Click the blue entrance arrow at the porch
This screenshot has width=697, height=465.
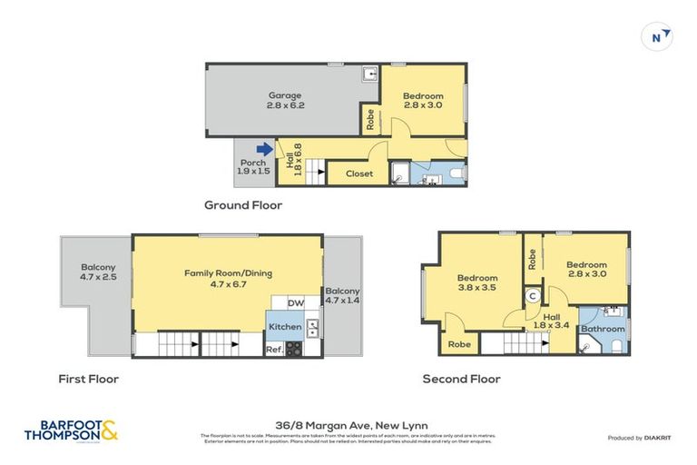coord(264,149)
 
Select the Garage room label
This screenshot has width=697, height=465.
coord(284,100)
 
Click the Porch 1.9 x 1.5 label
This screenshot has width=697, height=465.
coord(254,167)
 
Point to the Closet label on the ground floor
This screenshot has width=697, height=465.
coord(358,173)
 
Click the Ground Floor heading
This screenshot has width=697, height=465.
coord(242,205)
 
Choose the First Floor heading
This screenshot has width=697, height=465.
coord(88,379)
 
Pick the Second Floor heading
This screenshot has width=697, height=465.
coord(461,379)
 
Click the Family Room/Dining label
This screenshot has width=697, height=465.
coord(228,278)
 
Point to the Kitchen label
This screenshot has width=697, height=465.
coord(284,326)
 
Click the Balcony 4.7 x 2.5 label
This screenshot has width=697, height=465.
coord(98,272)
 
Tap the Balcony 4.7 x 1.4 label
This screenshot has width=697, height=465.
coord(342,293)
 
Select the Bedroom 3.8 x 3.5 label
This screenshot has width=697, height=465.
coord(477,283)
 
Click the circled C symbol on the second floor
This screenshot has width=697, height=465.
coord(533,295)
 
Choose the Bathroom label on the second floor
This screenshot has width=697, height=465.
coord(603,329)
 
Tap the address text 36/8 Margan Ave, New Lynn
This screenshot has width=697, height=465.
coord(348,424)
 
